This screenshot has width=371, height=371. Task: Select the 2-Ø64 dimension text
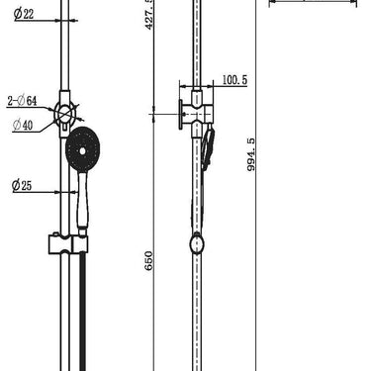[22, 101]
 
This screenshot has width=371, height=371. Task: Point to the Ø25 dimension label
[25, 185]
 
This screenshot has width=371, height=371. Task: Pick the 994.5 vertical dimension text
[262, 153]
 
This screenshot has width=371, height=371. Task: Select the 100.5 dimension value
[234, 80]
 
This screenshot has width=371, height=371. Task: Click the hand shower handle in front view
[77, 203]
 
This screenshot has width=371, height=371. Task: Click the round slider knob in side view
[199, 242]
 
